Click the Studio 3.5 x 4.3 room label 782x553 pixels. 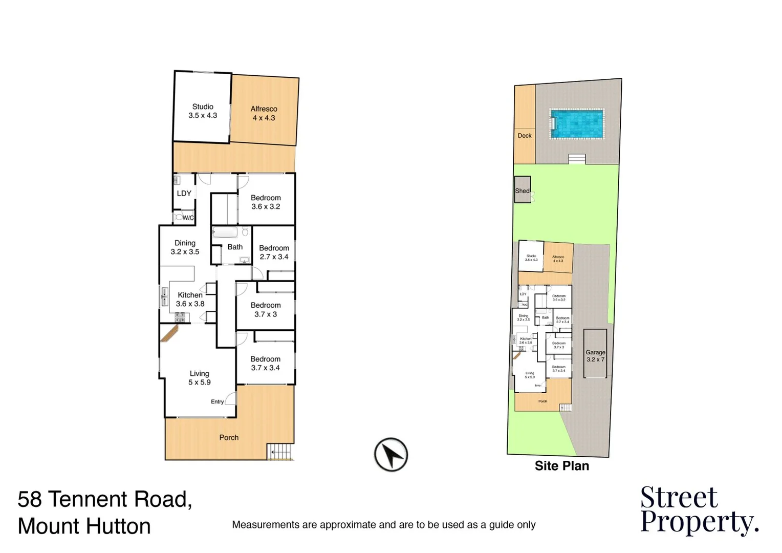click(203, 111)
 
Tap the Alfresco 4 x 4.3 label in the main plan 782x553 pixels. click(264, 113)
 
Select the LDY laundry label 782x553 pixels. click(184, 194)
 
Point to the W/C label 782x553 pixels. click(188, 218)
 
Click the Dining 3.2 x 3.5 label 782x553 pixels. click(185, 247)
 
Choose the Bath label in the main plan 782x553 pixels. click(235, 247)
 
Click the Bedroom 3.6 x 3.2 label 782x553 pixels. click(266, 202)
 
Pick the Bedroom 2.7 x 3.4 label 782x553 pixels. click(274, 252)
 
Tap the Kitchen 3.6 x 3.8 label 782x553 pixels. click(190, 300)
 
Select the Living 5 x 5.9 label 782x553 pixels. click(199, 378)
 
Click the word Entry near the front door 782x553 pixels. click(217, 402)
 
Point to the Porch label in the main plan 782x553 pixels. click(229, 437)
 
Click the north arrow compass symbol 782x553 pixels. click(391, 454)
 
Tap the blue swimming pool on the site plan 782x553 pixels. click(577, 123)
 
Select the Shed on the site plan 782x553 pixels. click(523, 190)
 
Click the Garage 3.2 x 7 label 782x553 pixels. click(595, 356)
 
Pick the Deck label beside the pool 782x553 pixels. click(525, 136)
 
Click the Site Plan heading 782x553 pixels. click(561, 466)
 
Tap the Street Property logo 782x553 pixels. click(699, 510)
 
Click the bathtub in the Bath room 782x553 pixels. click(225, 233)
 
